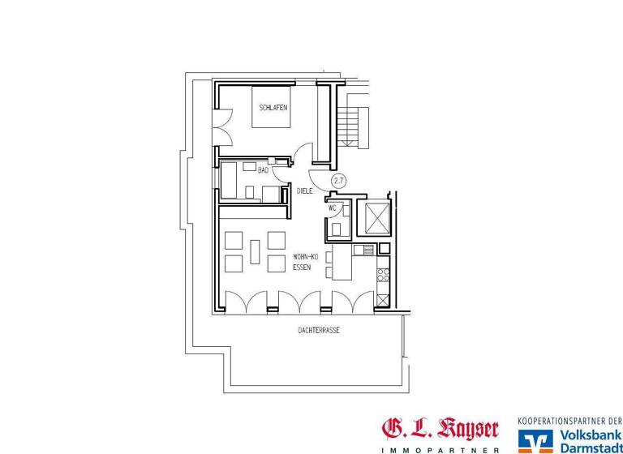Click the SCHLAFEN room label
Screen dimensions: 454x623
coord(273,108)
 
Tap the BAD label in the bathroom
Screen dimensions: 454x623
coord(263,170)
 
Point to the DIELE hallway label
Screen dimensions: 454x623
coord(305,191)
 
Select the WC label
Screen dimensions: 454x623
coord(332,208)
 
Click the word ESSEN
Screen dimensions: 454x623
coord(302,266)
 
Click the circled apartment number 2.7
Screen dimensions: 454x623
coord(338,182)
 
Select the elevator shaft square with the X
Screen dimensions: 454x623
coord(377,216)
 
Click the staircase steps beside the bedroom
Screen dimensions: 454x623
coord(350,126)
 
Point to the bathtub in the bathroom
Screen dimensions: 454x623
coord(230,179)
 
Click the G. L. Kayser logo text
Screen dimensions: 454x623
coord(440,429)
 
